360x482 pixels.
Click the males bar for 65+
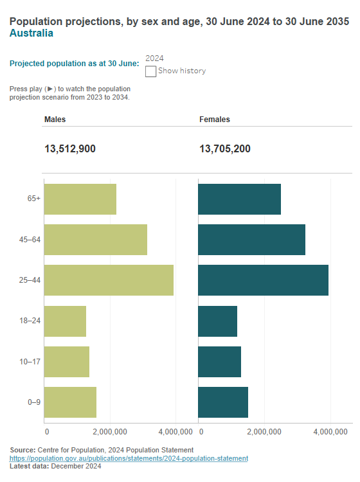tap(80, 199)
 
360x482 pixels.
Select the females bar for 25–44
tap(263, 280)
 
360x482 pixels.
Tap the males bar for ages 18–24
tap(65, 321)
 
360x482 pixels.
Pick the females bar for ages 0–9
tap(223, 402)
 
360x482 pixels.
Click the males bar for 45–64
tap(96, 240)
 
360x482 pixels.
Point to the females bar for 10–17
tap(219, 362)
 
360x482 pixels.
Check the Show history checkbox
tap(151, 71)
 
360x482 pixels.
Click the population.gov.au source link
tap(129, 458)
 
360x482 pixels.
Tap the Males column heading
tap(55, 120)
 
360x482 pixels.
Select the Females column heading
tap(215, 120)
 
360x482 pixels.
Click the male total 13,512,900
tap(70, 149)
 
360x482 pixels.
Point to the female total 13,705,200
tap(225, 149)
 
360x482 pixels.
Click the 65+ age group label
tap(34, 199)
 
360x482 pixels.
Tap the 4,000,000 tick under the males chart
tap(175, 431)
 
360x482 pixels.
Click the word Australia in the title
tap(32, 33)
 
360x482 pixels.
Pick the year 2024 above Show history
tap(155, 58)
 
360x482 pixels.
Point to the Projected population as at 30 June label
tap(75, 64)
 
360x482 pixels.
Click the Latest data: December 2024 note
tap(56, 467)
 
